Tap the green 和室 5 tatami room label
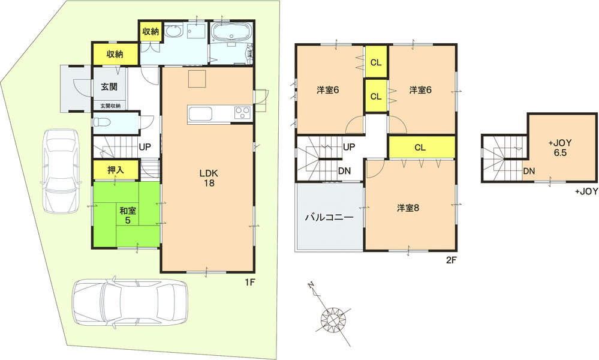[127, 215]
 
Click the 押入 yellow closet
[116, 170]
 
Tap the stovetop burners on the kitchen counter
[242, 112]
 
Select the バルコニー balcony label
[329, 217]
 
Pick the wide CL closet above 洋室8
[420, 146]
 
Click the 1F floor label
[250, 283]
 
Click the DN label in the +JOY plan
[529, 171]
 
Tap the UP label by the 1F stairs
[145, 146]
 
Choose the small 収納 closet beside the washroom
[150, 31]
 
